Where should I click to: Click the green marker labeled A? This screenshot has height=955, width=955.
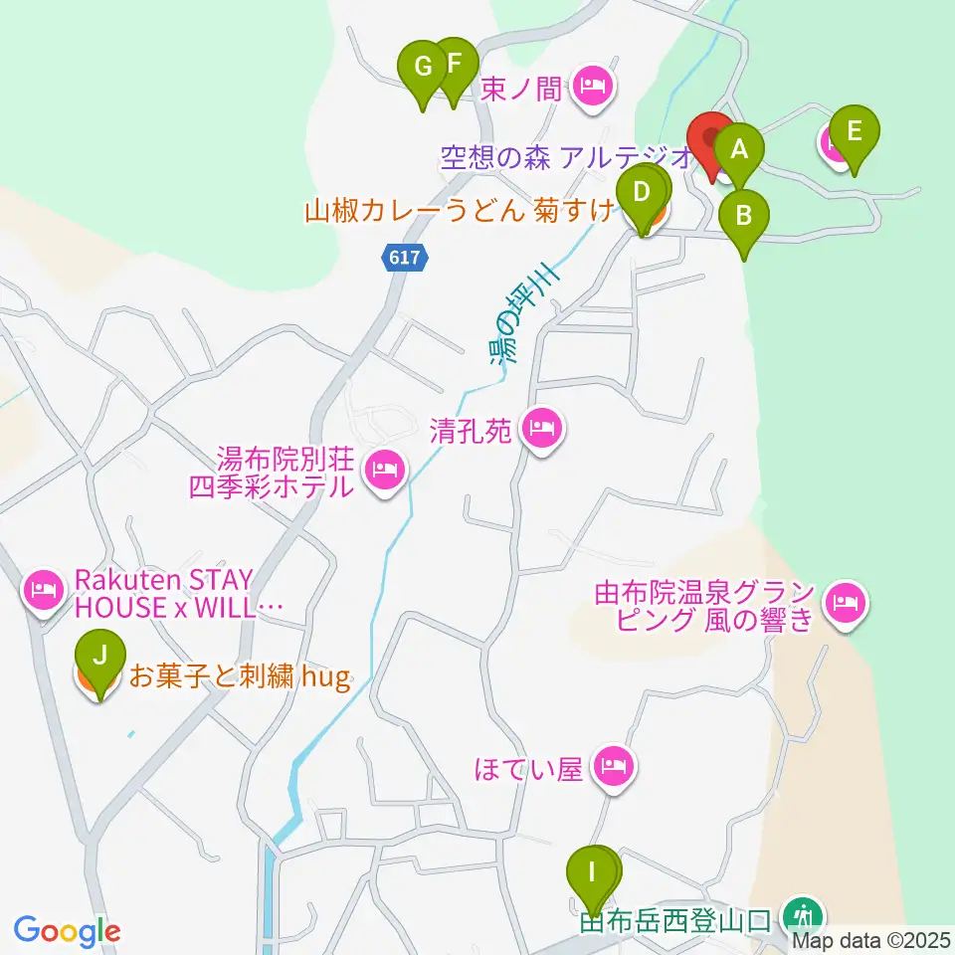738,151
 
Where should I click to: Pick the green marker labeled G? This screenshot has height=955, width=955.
423,69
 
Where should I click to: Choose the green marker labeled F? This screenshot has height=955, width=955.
454,65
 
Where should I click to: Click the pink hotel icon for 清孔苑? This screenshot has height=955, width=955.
543,430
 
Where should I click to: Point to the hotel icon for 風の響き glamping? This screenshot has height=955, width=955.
847,601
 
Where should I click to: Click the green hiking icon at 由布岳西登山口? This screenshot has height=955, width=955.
802,913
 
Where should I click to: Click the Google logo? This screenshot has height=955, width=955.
67,931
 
